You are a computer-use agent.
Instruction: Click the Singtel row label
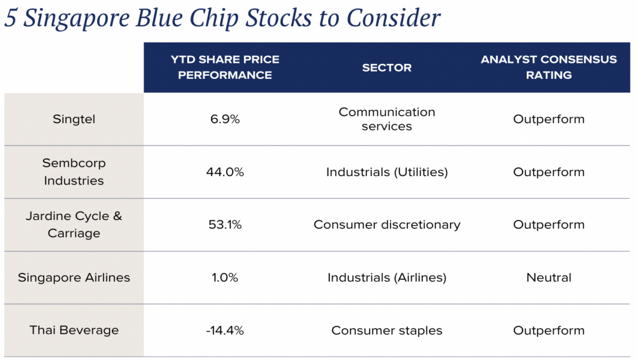coord(74,119)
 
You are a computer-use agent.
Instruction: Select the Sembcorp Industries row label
coord(74,172)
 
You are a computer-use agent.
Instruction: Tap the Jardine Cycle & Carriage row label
coord(74,224)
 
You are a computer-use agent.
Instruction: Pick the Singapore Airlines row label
coord(74,277)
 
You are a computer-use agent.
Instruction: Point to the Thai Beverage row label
coord(74,330)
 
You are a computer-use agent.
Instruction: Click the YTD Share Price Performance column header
coord(225,67)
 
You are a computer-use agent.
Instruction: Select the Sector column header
coord(386,68)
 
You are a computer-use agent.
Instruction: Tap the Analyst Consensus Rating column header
coord(549,67)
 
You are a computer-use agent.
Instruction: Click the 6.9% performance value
coord(225,119)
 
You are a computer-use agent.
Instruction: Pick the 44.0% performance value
coord(225,172)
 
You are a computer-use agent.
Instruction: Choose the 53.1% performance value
coord(225,224)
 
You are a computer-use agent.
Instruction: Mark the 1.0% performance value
coord(225,277)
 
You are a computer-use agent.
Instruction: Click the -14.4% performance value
coord(225,330)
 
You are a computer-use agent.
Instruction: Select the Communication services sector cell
coord(386,119)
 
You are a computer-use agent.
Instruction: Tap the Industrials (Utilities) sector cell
coord(386,172)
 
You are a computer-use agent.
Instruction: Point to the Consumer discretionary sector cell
coord(386,224)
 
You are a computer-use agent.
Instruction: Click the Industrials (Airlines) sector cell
coord(386,277)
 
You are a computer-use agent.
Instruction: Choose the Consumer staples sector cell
coord(386,330)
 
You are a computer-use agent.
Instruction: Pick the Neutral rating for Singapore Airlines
coord(549,277)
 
